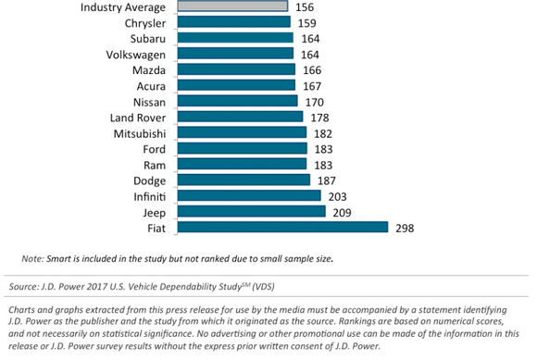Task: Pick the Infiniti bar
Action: (x=246, y=195)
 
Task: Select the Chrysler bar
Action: (x=231, y=22)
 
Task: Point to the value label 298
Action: (x=405, y=228)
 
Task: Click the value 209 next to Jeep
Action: (x=343, y=212)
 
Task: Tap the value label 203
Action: (x=337, y=196)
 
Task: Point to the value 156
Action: (x=305, y=6)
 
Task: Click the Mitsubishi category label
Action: (x=138, y=132)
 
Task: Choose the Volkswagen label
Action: (x=134, y=54)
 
